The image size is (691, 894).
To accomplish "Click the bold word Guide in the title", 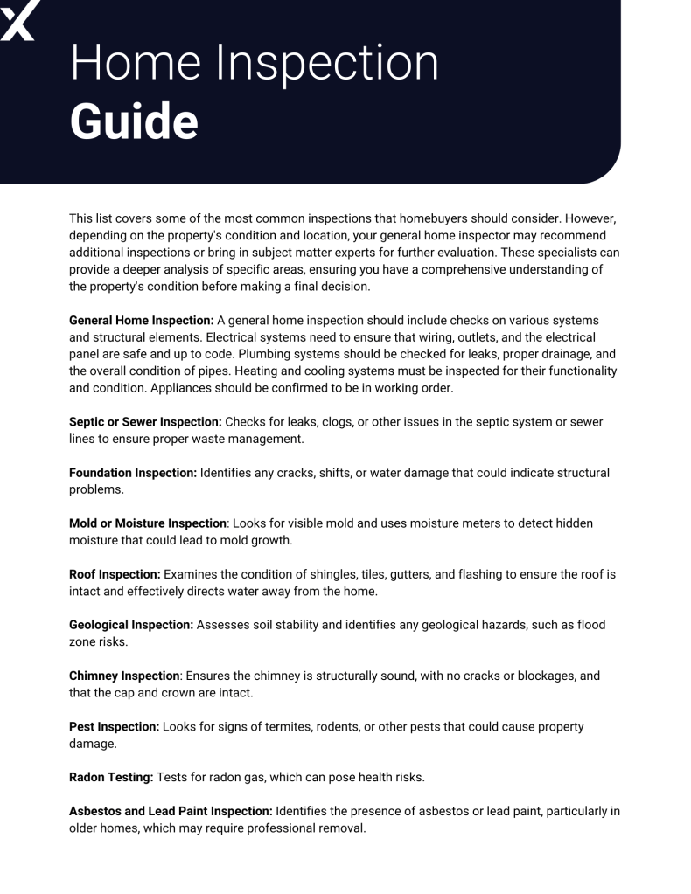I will [x=133, y=121].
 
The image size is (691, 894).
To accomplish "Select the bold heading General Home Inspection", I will [x=135, y=321].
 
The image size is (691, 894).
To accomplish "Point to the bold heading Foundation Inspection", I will [x=133, y=473].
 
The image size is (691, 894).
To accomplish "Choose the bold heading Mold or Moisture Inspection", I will [x=148, y=523].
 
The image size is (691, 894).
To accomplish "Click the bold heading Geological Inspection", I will [x=131, y=625].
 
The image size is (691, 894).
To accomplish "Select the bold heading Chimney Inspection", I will [x=125, y=676].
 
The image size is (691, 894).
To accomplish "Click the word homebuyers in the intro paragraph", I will [x=481, y=218].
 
